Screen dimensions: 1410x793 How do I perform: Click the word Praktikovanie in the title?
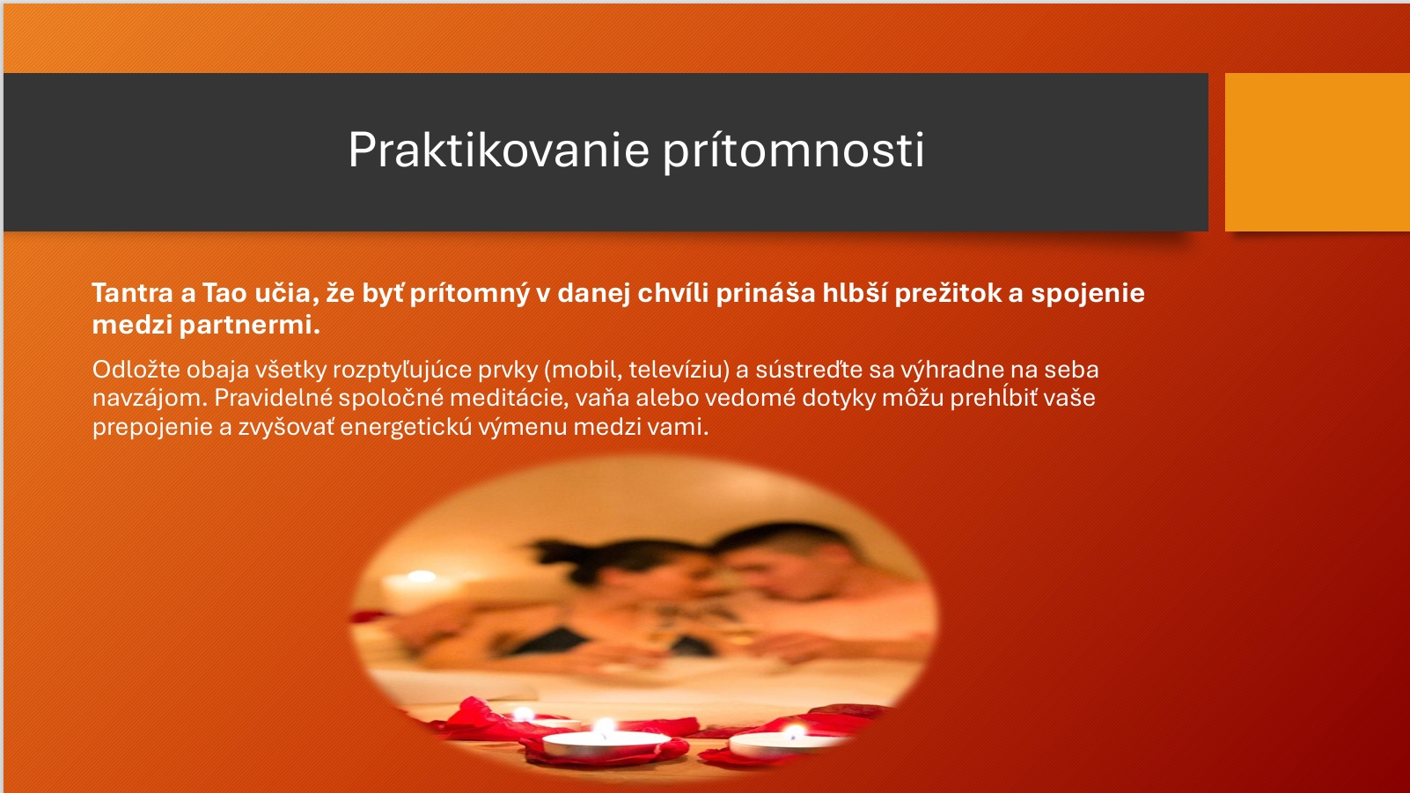click(x=498, y=151)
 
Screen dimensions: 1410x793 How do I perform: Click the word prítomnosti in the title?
click(x=794, y=151)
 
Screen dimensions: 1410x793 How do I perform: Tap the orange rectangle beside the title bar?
click(x=1318, y=151)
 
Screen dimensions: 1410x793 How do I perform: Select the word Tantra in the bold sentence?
click(x=132, y=293)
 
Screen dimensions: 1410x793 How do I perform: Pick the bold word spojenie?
click(x=1088, y=294)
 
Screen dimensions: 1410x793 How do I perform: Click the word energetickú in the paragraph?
click(x=406, y=428)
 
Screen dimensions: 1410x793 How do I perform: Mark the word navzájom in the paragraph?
click(x=150, y=399)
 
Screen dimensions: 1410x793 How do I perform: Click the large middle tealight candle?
click(x=605, y=744)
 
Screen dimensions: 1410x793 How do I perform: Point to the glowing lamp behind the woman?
click(x=421, y=576)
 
